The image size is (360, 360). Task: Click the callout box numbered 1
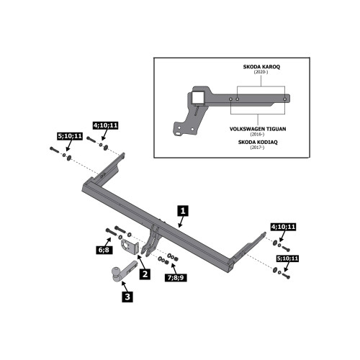click(x=183, y=211)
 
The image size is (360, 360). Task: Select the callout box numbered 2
click(x=145, y=274)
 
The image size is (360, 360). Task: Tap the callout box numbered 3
click(x=127, y=297)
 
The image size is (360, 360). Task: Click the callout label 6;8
click(x=104, y=250)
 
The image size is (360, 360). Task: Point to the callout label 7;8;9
click(x=176, y=277)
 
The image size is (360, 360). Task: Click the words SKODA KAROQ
click(x=261, y=67)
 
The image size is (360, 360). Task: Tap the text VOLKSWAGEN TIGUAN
click(x=258, y=129)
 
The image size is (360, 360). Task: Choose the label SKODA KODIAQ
click(x=258, y=142)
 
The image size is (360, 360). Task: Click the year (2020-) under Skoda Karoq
click(x=261, y=72)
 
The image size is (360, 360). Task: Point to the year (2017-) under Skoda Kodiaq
click(x=258, y=148)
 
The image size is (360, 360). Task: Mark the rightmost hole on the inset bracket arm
click(x=284, y=99)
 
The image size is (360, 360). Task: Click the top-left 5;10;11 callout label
click(x=70, y=136)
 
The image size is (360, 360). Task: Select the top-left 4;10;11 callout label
click(x=106, y=125)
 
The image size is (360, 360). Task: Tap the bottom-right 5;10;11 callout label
click(x=287, y=258)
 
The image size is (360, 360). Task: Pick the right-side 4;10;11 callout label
click(x=284, y=227)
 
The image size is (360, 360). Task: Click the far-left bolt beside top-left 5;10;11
click(x=55, y=150)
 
